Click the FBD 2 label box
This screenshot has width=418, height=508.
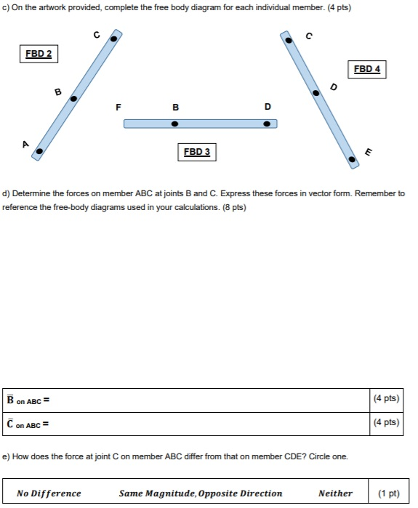[39, 54]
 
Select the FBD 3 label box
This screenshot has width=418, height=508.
[196, 152]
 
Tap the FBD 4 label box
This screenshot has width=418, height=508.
[366, 69]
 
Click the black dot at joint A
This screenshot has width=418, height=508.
[39, 151]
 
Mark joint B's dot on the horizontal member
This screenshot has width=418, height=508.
[174, 124]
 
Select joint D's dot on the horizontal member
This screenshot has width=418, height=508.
[267, 124]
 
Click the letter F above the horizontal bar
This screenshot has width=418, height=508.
[118, 107]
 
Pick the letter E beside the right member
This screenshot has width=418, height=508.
[368, 152]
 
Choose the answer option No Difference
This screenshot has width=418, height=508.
[49, 493]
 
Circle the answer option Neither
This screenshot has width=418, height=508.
[335, 493]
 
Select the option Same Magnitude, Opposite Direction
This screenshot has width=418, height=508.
[200, 493]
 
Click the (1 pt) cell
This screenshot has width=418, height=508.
[389, 493]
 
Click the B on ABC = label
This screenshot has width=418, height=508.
[29, 400]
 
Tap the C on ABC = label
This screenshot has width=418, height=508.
[29, 423]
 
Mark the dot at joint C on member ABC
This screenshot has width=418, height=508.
[114, 40]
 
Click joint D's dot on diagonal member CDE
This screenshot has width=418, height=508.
[315, 93]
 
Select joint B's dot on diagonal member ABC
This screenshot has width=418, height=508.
[73, 99]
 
